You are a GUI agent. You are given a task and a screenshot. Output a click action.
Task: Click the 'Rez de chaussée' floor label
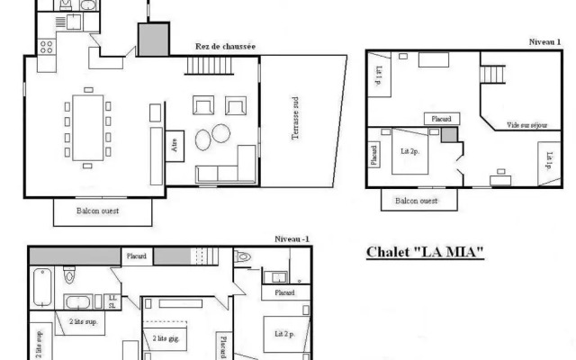pos(226,47)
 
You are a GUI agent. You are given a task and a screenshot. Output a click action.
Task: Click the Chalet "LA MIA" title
pos(425,252)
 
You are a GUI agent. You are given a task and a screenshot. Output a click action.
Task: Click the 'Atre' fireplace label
pos(175,145)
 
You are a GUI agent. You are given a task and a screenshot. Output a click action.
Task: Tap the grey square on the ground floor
pos(152,40)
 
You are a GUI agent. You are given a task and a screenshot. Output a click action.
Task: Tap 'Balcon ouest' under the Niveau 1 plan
pos(417,201)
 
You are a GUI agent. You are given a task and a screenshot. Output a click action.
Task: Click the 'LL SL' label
pos(112,301)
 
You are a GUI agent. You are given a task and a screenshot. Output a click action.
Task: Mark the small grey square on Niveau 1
pos(448,134)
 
